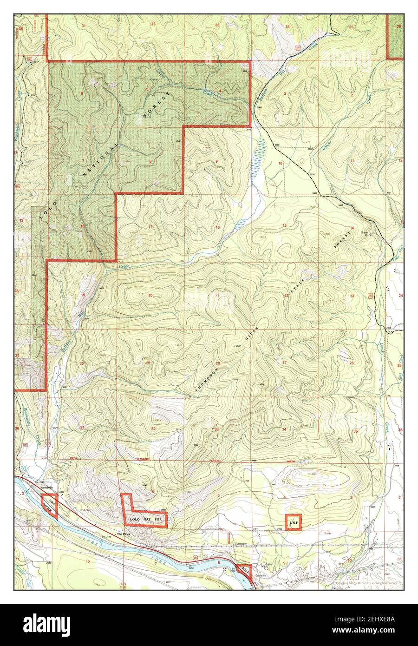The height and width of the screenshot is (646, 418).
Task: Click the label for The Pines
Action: (x=124, y=535)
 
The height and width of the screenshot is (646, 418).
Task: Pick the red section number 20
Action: (x=150, y=296)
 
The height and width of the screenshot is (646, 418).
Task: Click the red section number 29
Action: (x=148, y=363)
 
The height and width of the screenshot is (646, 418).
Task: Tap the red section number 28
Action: (x=217, y=363)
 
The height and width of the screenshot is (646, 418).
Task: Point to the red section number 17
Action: (x=150, y=227)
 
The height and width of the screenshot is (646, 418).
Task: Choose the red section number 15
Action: (x=285, y=225)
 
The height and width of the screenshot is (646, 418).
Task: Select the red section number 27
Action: (x=284, y=362)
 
